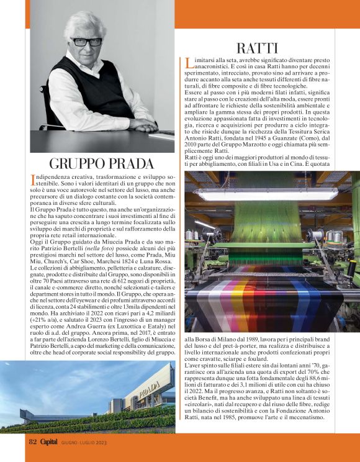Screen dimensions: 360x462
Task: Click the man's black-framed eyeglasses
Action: point(87,42)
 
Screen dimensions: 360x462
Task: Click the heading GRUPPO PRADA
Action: point(101,164)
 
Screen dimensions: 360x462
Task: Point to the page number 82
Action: point(34,442)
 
